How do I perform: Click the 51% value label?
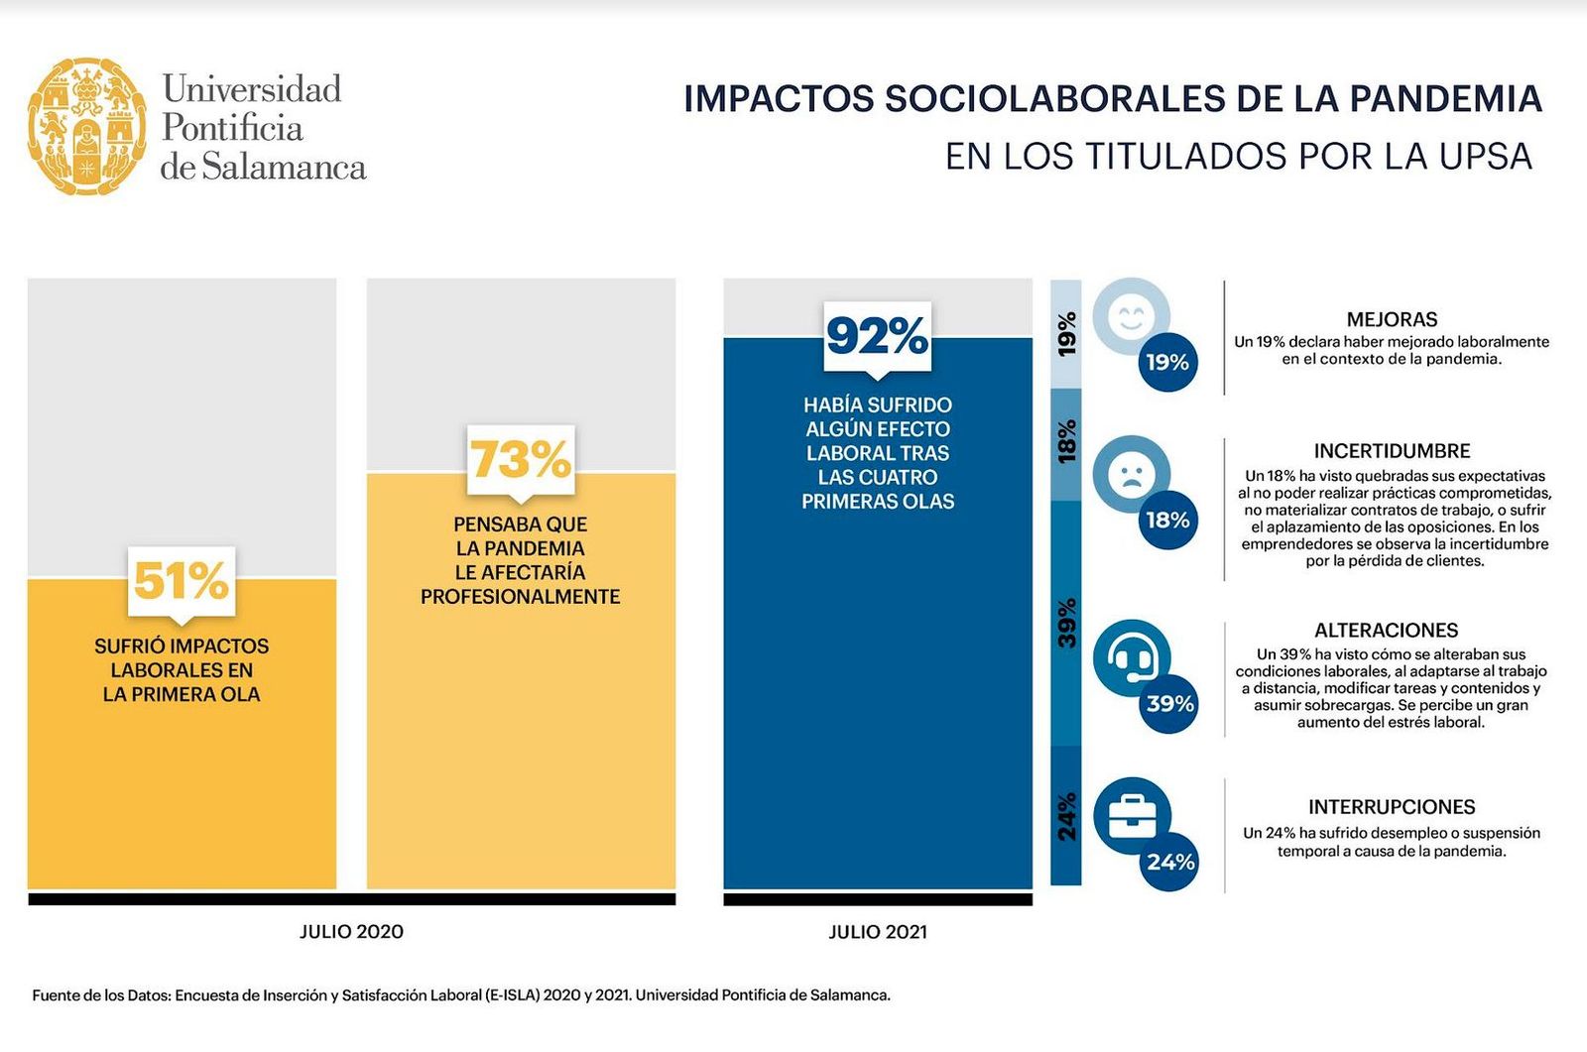182,581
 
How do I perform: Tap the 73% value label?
521,459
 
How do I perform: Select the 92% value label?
878,336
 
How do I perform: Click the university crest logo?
87,126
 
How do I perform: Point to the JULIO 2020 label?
352,932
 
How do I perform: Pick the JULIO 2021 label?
878,932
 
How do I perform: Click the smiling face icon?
1130,317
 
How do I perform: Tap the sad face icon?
1130,474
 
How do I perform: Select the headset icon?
1131,657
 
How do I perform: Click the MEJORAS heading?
1392,319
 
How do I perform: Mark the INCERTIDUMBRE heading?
1392,451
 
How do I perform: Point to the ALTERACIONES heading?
1386,631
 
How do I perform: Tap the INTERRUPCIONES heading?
1392,807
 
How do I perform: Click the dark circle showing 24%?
1170,862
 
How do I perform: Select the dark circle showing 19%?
1167,362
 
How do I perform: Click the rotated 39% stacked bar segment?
1066,623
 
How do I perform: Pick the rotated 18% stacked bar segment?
1066,443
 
